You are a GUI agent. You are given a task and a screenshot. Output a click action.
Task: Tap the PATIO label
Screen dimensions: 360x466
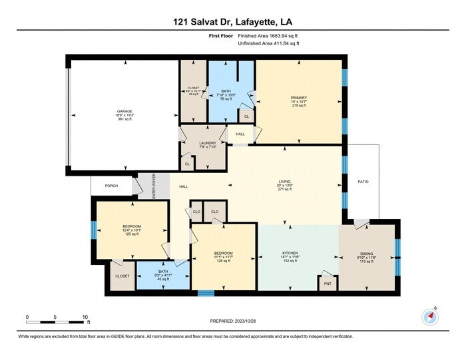click(362, 181)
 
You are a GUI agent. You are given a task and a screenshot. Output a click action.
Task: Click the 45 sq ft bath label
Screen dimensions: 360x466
click(163, 275)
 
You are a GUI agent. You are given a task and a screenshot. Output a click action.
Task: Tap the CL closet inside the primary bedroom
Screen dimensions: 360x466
click(247, 116)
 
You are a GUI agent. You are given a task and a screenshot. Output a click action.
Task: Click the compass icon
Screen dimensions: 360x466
click(429, 316)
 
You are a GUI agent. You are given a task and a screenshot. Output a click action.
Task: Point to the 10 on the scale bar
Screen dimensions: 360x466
click(85, 317)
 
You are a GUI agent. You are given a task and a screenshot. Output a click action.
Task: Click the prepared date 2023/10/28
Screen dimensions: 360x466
click(232, 322)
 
